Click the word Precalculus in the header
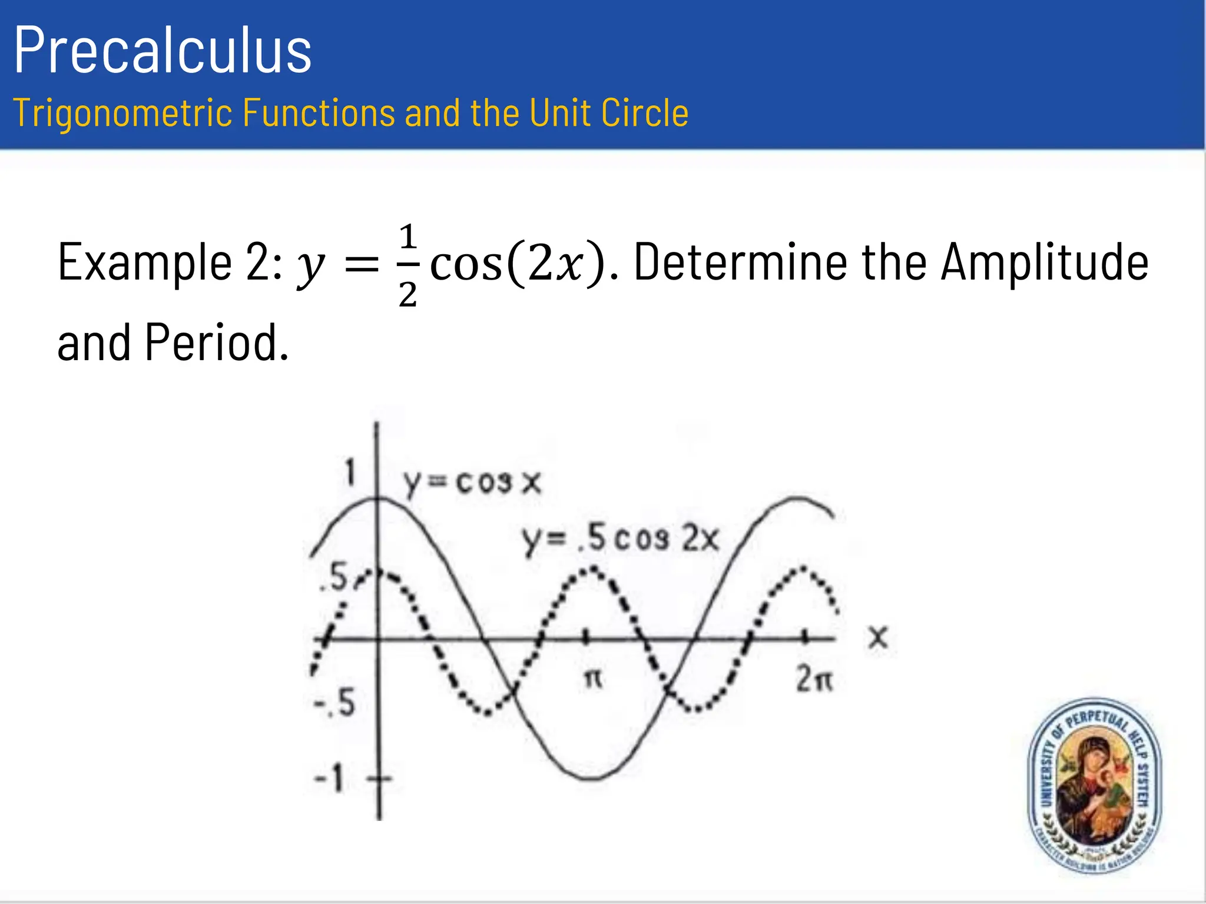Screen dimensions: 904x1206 coord(163,51)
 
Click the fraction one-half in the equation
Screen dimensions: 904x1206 coord(407,265)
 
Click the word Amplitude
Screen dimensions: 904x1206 coord(1044,262)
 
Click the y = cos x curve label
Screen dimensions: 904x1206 coord(472,484)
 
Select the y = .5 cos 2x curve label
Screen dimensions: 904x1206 coord(621,539)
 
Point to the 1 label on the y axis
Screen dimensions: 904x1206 coord(351,473)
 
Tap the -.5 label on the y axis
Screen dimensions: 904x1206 coord(334,703)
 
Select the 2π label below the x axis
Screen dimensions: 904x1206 coord(815,680)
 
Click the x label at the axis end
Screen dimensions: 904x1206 coord(878,637)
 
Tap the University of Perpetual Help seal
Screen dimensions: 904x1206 coord(1095,786)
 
